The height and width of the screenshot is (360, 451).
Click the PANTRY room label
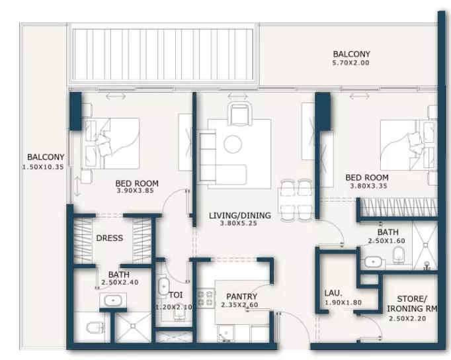point(241,296)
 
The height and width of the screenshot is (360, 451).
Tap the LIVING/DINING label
point(240,215)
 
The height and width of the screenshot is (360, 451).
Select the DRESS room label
point(110,238)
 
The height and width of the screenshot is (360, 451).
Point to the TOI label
point(175,295)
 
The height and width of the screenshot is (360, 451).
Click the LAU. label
point(333,293)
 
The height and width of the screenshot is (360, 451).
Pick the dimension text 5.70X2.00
point(351,63)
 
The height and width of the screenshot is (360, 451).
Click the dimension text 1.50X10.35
point(43,167)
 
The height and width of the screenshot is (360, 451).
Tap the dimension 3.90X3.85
point(136,191)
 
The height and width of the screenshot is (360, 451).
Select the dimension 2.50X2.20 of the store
point(407,318)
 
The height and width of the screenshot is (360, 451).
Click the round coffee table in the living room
point(233,144)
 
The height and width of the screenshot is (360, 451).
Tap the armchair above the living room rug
point(239,113)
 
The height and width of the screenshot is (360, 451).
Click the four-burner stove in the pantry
point(206,298)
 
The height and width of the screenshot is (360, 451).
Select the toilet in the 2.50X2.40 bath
point(95,328)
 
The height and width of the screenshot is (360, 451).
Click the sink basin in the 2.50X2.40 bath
point(113,300)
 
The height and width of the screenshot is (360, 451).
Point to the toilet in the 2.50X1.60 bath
point(399,255)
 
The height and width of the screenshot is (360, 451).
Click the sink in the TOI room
point(163,287)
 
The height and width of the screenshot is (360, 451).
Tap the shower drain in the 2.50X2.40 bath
point(133,326)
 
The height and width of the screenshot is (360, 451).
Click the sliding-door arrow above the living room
point(237,96)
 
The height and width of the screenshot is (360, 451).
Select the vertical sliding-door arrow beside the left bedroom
point(77,187)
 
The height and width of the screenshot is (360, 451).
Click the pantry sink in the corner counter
point(225,334)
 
